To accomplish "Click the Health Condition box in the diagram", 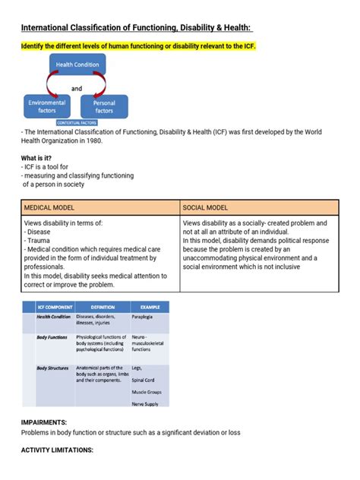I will (77, 65).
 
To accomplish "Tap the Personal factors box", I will (104, 106).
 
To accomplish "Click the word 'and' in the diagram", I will (76, 88).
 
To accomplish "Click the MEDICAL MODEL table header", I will (49, 207).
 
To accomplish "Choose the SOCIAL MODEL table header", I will (207, 207).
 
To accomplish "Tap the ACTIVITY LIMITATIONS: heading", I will (57, 450).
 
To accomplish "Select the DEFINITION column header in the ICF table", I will (99, 306).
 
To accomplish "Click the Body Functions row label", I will (52, 336).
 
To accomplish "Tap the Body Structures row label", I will (52, 368).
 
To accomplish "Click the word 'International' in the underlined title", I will (53, 28).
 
